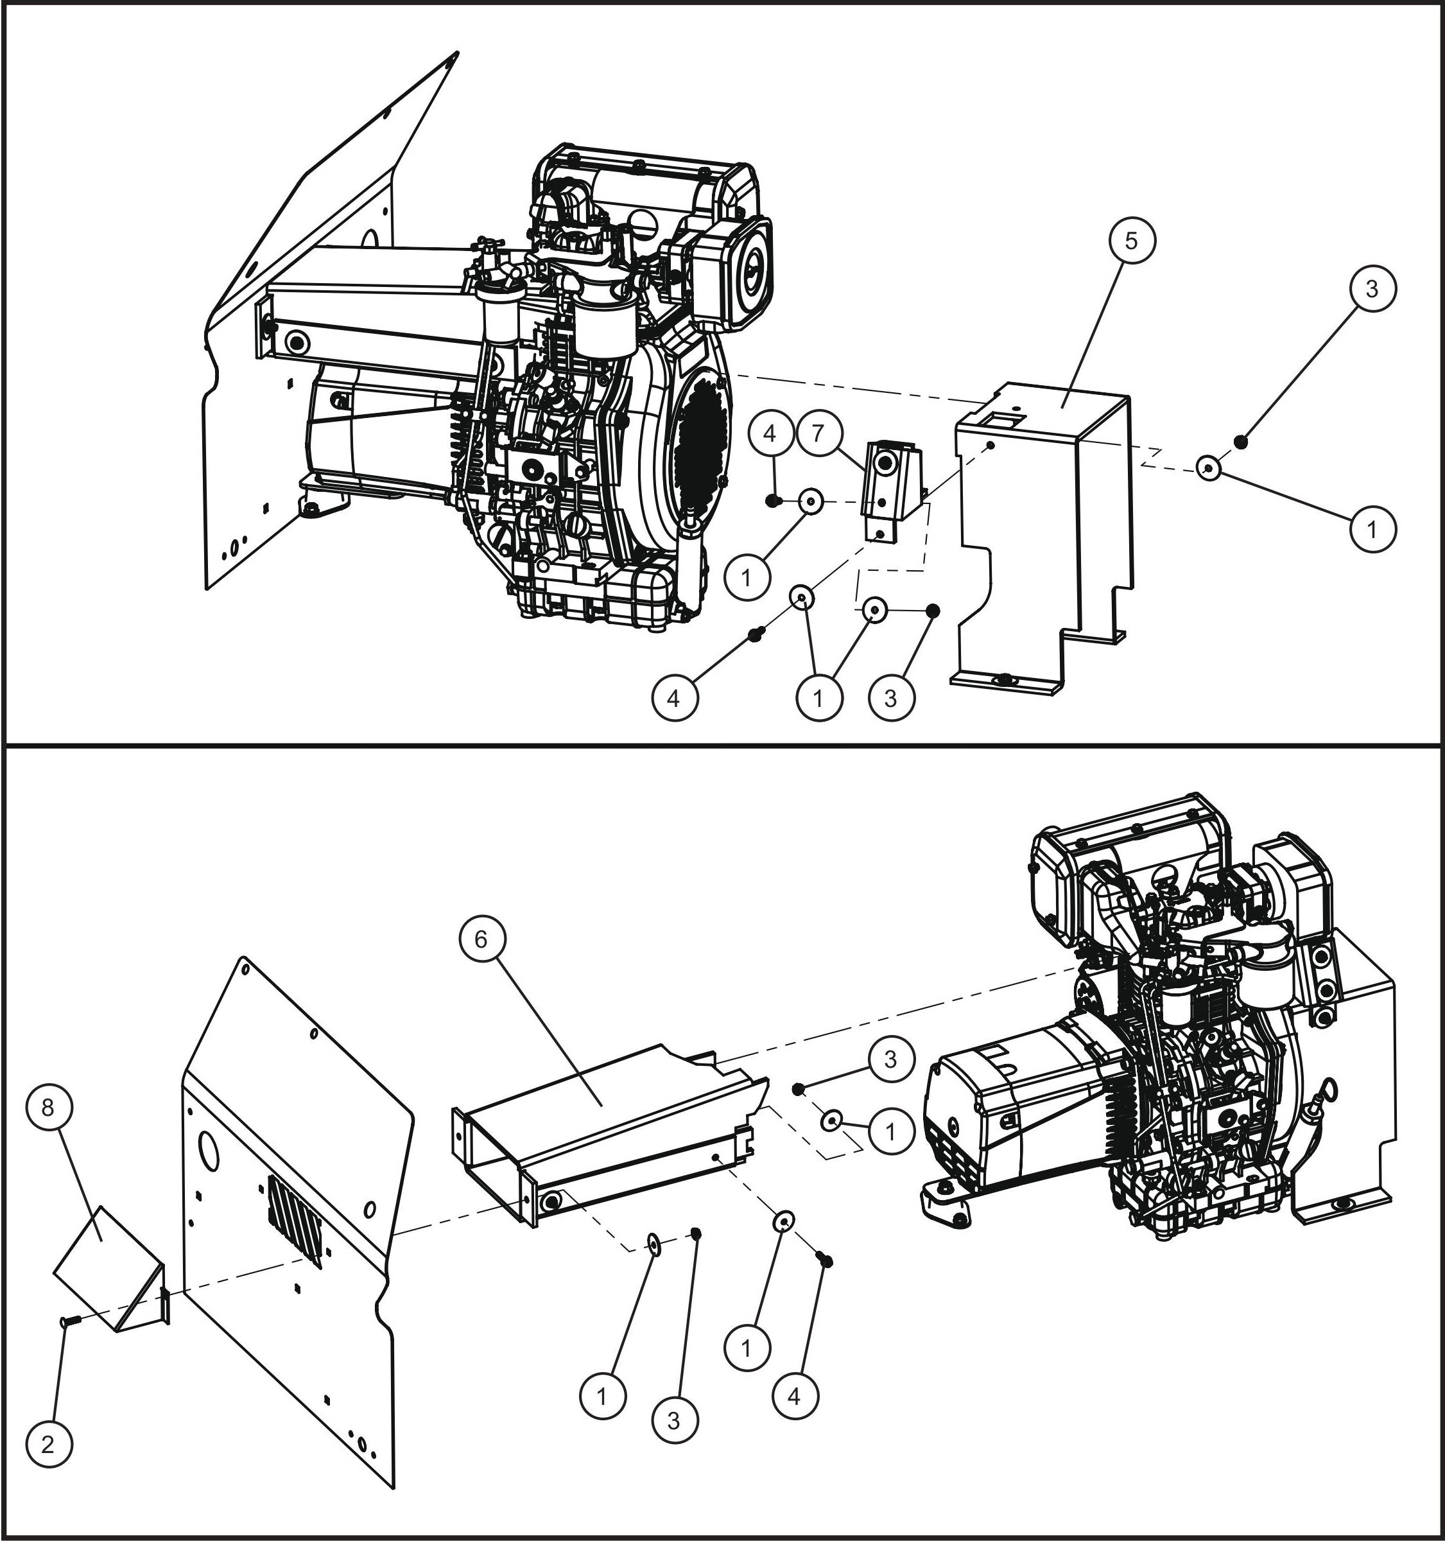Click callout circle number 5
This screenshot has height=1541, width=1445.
click(1131, 240)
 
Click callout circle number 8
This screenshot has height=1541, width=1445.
click(48, 1108)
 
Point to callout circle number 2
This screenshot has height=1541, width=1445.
click(48, 1444)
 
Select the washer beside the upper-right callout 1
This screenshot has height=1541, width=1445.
click(1209, 468)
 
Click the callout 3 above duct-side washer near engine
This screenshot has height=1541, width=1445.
click(890, 1058)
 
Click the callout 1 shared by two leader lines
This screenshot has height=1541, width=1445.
click(818, 699)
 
